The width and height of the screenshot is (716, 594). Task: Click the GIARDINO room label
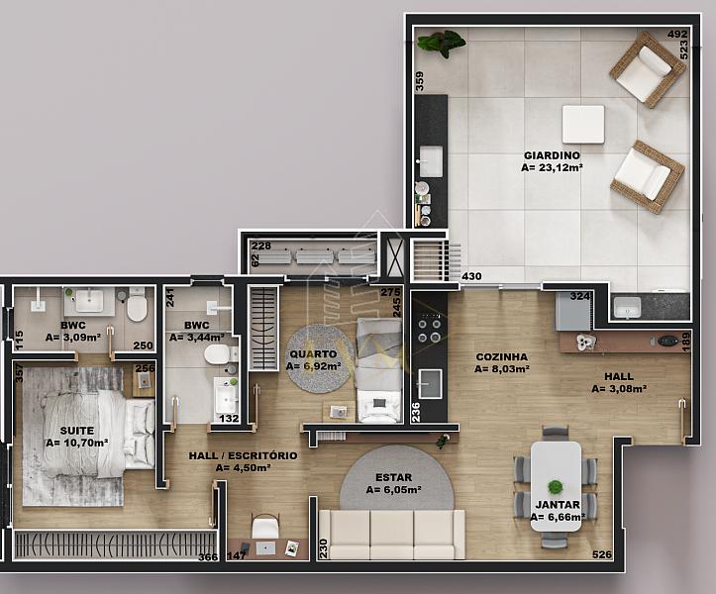click(552, 155)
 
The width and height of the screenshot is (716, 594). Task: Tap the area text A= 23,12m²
click(552, 167)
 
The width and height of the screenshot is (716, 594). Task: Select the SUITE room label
click(77, 431)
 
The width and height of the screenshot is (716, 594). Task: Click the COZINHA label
click(502, 356)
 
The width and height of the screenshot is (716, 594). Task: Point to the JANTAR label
click(558, 505)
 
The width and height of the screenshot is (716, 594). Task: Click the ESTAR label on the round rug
click(393, 477)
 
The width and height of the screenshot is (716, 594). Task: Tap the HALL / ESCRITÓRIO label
click(243, 455)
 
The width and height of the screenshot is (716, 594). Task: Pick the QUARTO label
click(313, 353)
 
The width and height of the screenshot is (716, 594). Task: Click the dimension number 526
click(602, 554)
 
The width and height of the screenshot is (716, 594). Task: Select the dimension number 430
click(471, 276)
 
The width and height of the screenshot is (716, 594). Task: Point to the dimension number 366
click(208, 557)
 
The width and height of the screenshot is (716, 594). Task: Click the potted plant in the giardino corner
click(441, 43)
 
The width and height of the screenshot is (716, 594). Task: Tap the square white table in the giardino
click(583, 124)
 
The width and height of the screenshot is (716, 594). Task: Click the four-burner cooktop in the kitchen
click(429, 328)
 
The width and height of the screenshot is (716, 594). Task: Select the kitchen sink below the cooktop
click(429, 383)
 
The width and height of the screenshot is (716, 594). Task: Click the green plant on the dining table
click(556, 487)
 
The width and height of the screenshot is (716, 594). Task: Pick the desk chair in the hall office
click(265, 526)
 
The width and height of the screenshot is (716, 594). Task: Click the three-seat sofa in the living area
click(392, 535)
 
